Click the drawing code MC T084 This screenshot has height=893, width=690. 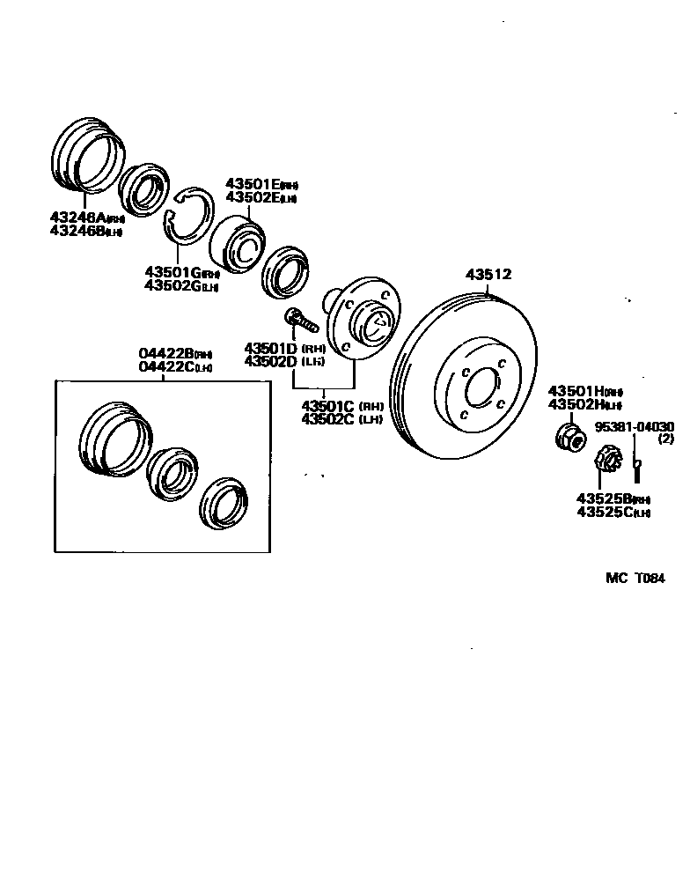coord(635,579)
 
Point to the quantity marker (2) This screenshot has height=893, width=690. coord(665,439)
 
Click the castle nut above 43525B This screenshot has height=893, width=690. coord(606,458)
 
